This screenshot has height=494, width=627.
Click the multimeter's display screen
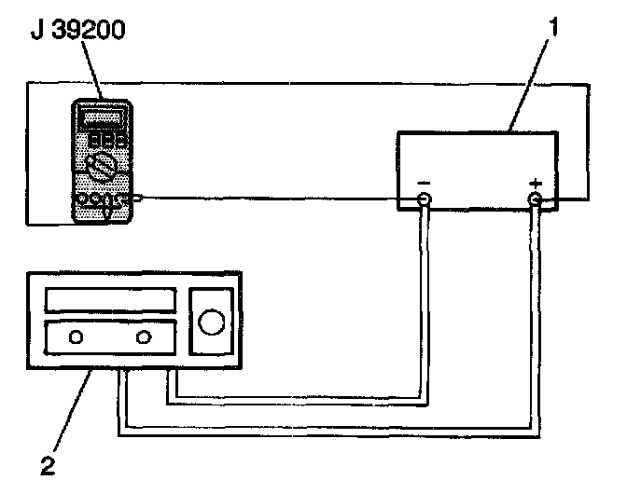104,118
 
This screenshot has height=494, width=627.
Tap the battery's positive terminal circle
535,199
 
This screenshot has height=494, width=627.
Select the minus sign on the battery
424,181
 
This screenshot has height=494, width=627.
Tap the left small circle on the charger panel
75,336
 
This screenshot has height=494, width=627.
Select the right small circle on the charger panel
143,336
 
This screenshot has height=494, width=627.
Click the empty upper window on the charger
110,300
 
